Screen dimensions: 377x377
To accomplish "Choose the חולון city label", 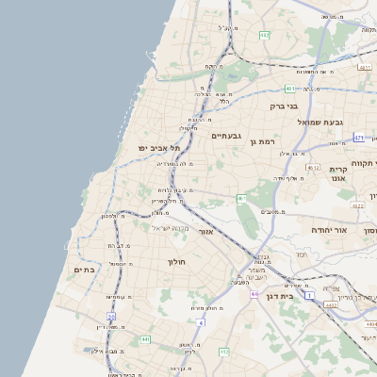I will click(178, 261).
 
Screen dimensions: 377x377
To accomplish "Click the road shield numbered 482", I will click(265, 36).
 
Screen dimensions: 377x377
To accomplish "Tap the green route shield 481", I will click(289, 89).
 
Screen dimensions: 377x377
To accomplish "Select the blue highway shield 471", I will click(359, 138).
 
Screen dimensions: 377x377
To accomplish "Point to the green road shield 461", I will click(241, 198).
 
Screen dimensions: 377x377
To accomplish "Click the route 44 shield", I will click(254, 295).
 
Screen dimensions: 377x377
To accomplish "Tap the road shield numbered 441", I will click(144, 339).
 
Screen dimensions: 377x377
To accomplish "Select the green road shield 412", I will click(223, 352).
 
